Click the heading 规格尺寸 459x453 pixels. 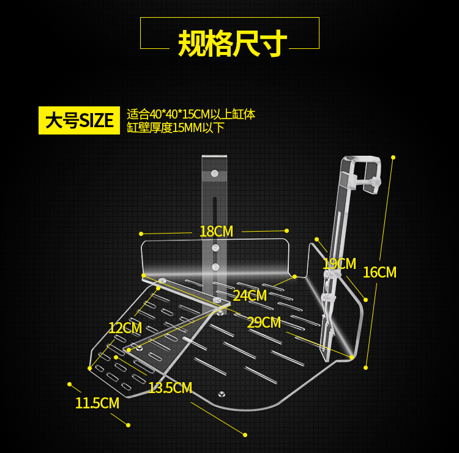pyautogui.click(x=232, y=43)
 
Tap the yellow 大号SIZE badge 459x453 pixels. pyautogui.click(x=79, y=120)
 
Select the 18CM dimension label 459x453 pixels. pyautogui.click(x=216, y=232)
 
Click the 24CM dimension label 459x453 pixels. pyautogui.click(x=250, y=295)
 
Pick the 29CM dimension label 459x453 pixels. pyautogui.click(x=264, y=322)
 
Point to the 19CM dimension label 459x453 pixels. pyautogui.click(x=339, y=263)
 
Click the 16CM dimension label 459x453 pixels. pyautogui.click(x=379, y=272)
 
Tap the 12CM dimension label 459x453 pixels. pyautogui.click(x=125, y=328)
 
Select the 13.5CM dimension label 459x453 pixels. pyautogui.click(x=170, y=388)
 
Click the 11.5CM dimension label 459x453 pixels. pyautogui.click(x=97, y=403)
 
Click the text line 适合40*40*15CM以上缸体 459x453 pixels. pyautogui.click(x=191, y=114)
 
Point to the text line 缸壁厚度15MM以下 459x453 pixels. pyautogui.click(x=176, y=128)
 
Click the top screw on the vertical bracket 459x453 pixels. pyautogui.click(x=214, y=174)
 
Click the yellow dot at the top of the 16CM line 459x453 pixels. pyautogui.click(x=393, y=157)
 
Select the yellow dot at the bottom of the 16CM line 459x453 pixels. pyautogui.click(x=365, y=367)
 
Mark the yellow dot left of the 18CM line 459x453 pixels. pyautogui.click(x=141, y=234)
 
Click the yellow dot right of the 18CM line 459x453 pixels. pyautogui.click(x=286, y=230)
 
